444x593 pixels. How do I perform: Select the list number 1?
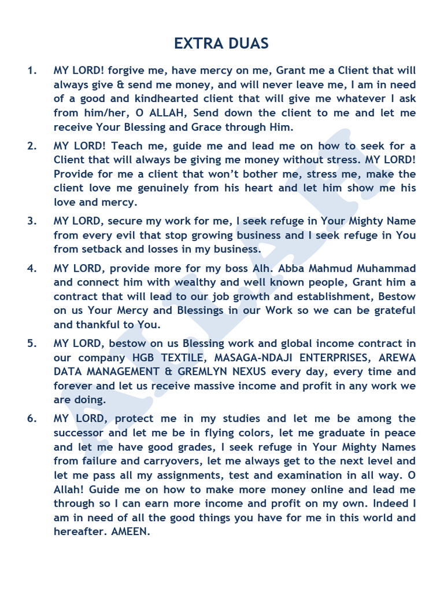point(32,71)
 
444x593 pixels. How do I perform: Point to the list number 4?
point(32,268)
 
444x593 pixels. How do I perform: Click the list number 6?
point(32,419)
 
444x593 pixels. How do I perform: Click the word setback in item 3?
point(101,249)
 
